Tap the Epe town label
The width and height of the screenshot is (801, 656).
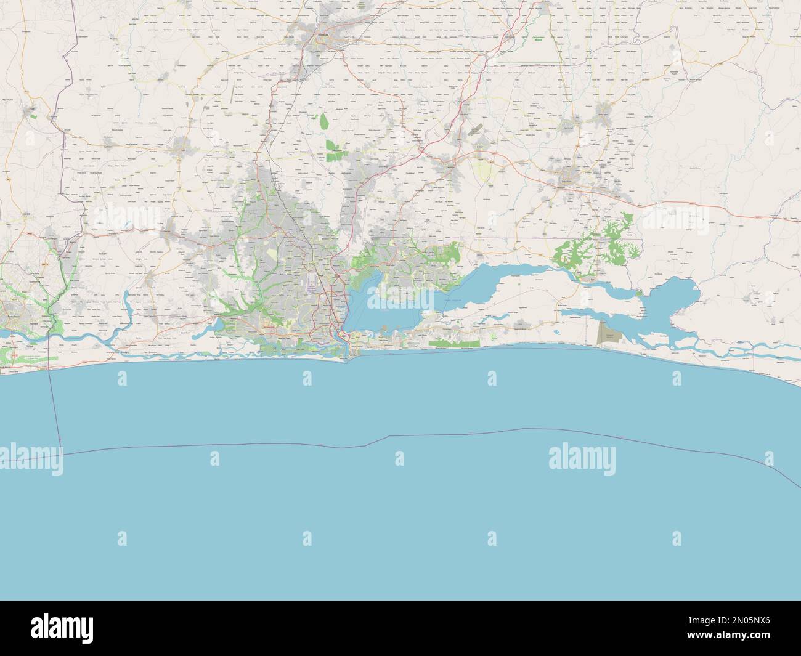point(578,278)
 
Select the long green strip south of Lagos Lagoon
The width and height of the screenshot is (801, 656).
point(454,341)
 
